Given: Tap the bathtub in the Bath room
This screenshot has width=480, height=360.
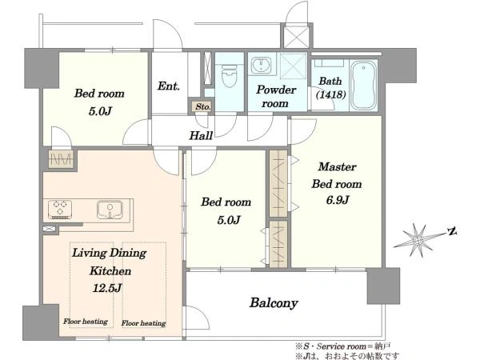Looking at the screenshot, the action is coord(363,86).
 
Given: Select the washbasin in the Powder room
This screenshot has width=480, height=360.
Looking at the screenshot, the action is coord(261,66).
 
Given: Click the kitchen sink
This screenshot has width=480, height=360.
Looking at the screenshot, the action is coord(110,210).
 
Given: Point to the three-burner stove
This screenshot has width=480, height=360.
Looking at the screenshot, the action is coord(60,210).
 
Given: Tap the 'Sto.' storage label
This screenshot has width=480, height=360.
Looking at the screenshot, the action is coord(203,106).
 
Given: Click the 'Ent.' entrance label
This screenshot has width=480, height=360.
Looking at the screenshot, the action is coord(168,86).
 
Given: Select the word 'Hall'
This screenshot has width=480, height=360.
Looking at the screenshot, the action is coord(201,135).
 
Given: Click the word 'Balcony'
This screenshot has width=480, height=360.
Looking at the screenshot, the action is coord(274,302).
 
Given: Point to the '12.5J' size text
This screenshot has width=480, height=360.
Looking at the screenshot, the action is coord(107,288).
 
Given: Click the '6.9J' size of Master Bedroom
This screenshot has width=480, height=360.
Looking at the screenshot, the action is coord(338,200).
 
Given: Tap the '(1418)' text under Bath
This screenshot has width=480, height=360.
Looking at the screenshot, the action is coord(331,94).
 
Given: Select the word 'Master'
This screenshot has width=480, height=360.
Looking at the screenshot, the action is coord(337,167).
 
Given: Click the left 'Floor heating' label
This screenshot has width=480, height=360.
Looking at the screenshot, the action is coord(86,321).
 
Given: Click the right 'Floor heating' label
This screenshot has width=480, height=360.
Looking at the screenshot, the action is coord(143,323).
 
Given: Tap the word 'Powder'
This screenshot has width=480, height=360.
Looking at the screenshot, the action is coord(276,90).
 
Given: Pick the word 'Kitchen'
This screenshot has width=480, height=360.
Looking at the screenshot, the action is coord(110,271).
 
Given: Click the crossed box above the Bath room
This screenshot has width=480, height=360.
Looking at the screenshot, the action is coord(296,37).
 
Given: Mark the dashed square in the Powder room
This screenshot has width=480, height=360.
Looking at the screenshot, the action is coord(293,66).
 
